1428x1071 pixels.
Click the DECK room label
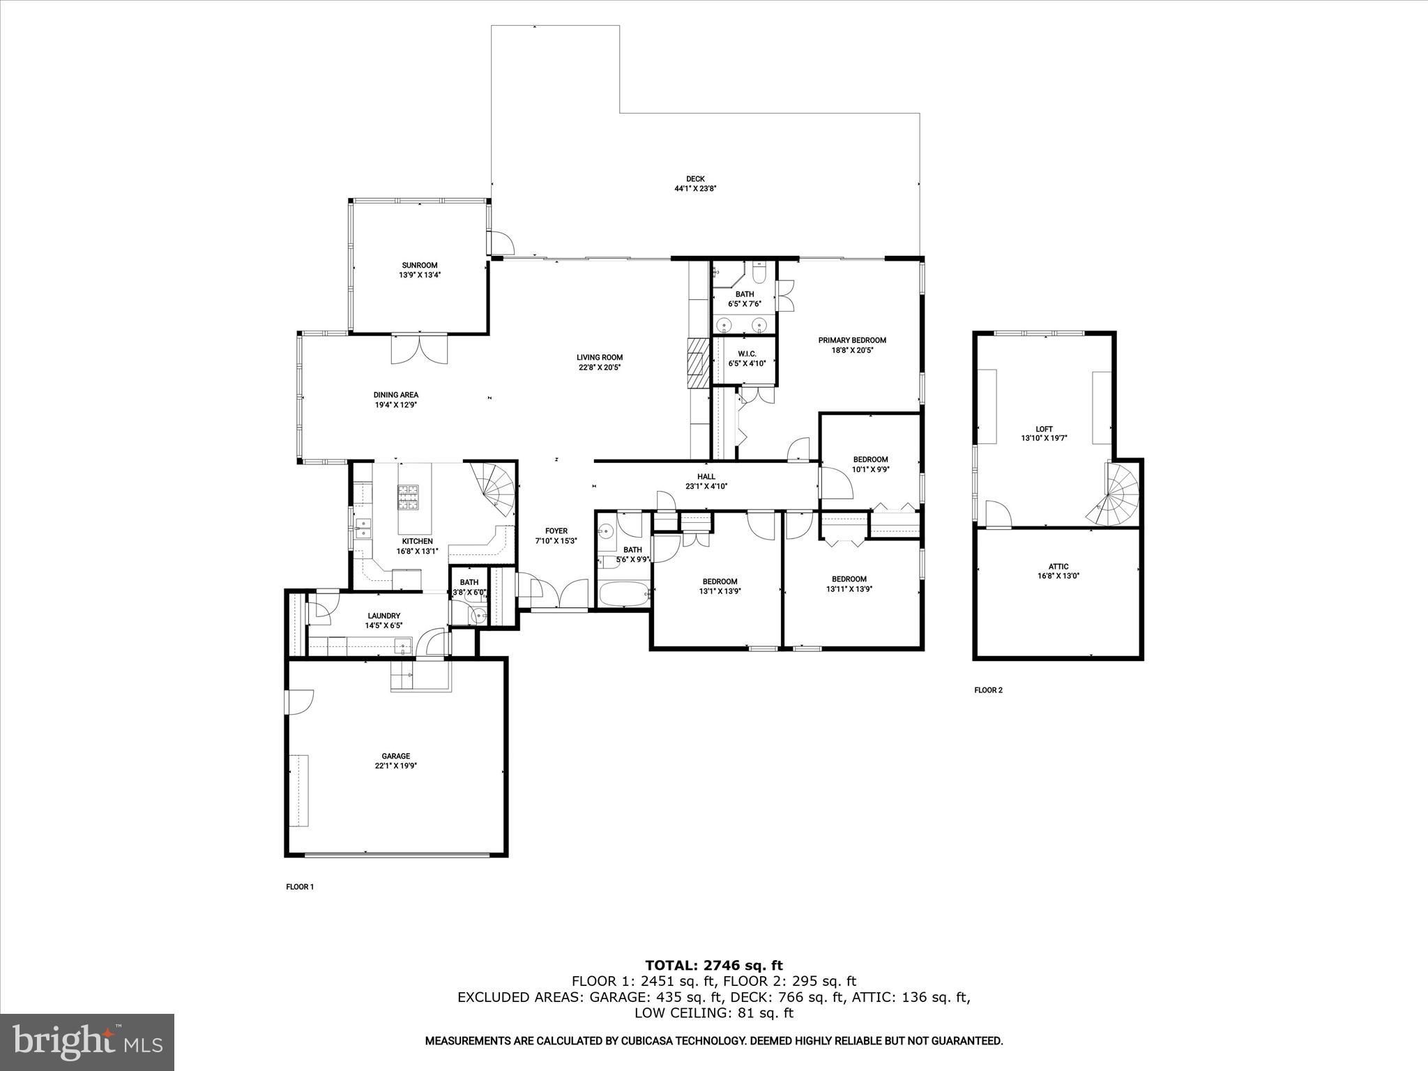point(694,179)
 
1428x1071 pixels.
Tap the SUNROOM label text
point(419,265)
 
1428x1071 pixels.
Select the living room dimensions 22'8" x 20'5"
point(599,367)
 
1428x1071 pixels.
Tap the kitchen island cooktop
point(409,498)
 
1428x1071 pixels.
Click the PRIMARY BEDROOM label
point(852,340)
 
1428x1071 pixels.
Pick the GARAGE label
point(395,756)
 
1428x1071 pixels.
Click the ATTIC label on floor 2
point(1058,567)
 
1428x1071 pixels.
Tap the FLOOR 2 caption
point(988,690)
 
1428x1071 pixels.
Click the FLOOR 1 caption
point(300,887)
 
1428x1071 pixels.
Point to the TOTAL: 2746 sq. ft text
point(713,966)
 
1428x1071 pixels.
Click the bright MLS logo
point(87,1042)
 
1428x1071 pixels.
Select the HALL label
point(706,477)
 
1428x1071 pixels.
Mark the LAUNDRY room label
point(383,616)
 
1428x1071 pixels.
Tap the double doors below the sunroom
point(418,349)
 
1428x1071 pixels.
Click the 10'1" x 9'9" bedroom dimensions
point(870,469)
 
